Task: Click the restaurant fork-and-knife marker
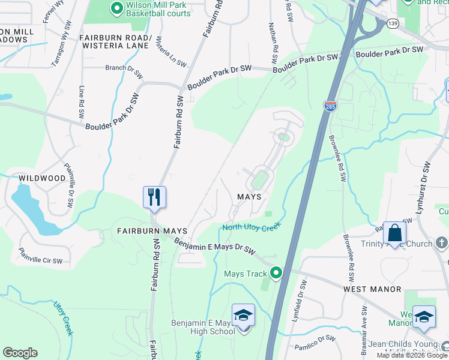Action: coord(154,197)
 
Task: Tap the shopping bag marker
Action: coord(394,233)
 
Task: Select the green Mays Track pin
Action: coord(276,273)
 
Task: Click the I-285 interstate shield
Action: coord(330,106)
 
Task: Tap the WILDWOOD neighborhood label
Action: coord(41,178)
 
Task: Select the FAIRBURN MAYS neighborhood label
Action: coord(152,230)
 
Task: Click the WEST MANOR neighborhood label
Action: coord(372,289)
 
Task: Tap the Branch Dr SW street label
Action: coord(124,71)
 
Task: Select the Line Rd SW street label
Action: coord(82,101)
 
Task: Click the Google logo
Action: coord(20,353)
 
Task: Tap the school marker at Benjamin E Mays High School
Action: coord(243,316)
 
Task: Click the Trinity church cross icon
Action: coord(441,243)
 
